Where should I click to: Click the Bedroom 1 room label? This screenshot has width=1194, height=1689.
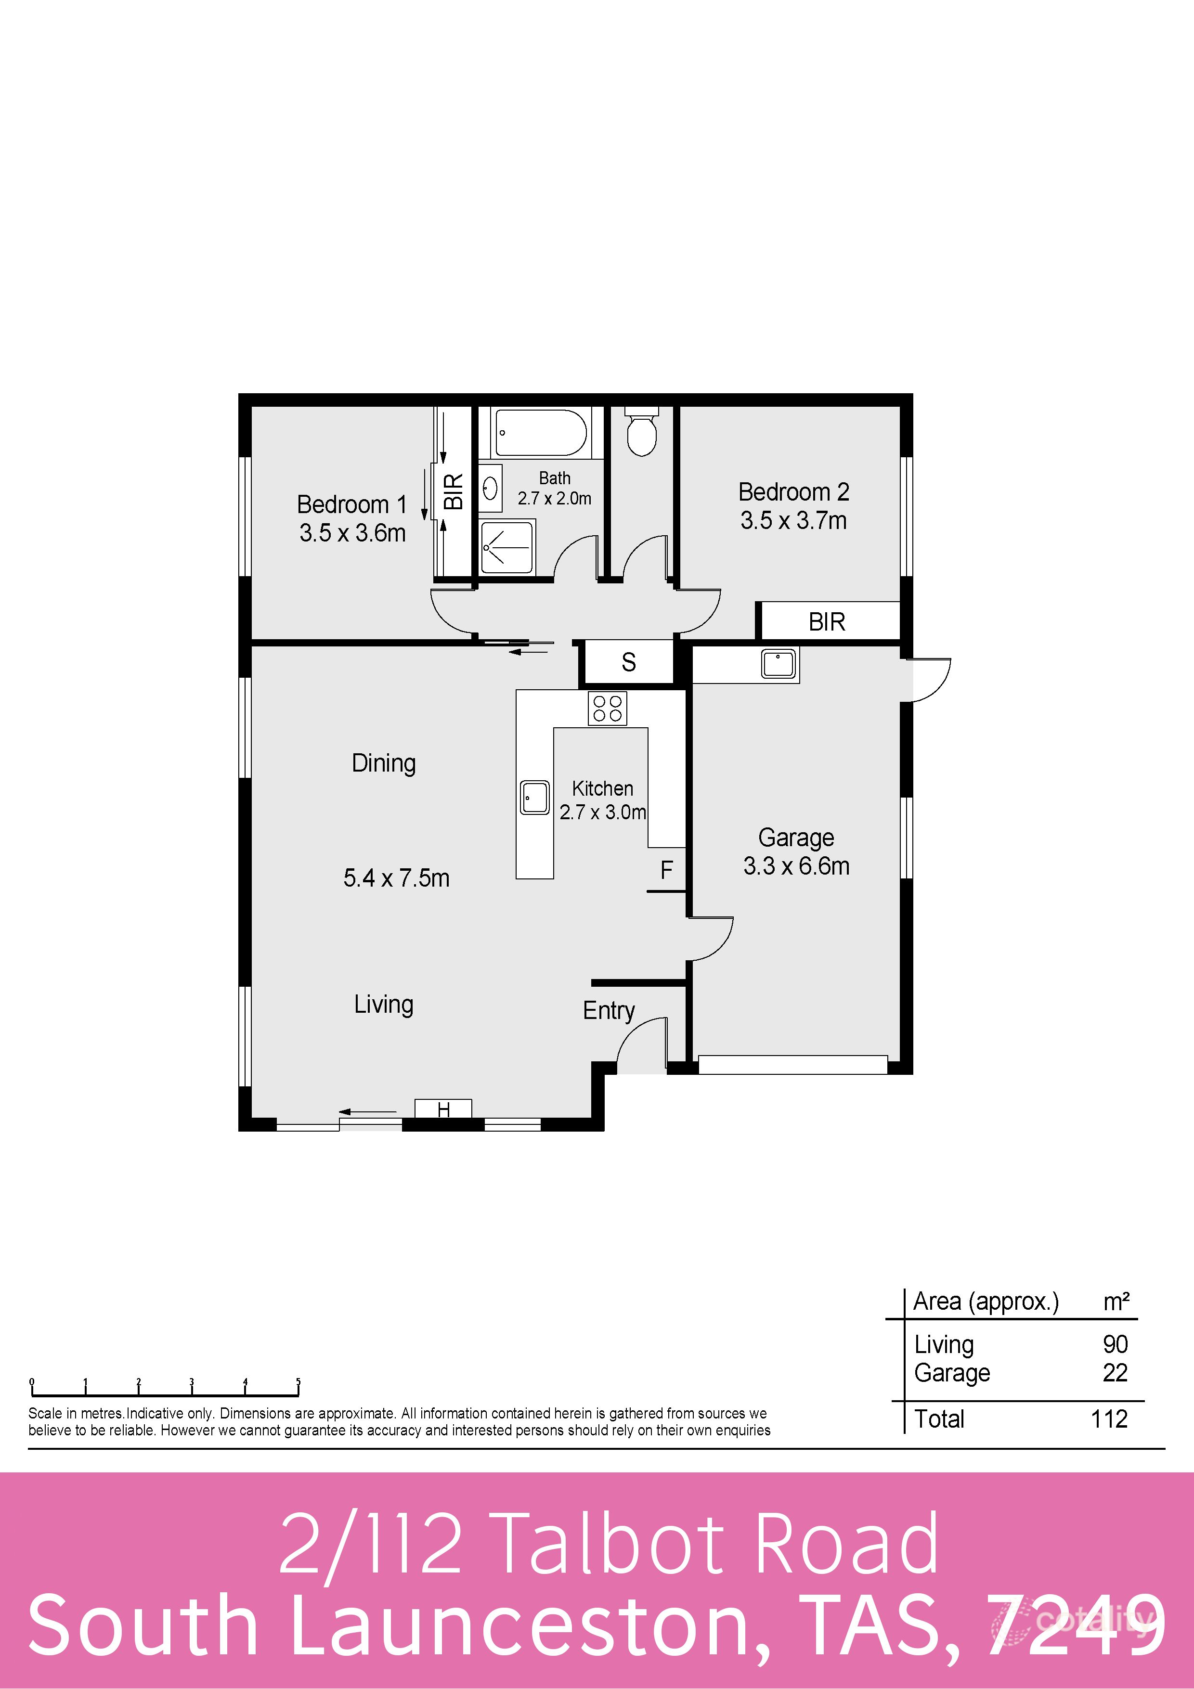[x=351, y=504]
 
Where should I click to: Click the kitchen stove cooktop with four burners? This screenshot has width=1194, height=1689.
[x=608, y=709]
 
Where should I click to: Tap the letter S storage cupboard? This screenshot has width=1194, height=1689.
[x=628, y=662]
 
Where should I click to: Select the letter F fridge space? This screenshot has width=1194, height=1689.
[x=666, y=870]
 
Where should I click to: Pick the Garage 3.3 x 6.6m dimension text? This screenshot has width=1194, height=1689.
[x=796, y=866]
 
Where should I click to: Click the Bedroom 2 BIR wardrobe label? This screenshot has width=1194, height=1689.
[x=827, y=621]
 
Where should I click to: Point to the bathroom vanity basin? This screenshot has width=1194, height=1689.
[x=491, y=488]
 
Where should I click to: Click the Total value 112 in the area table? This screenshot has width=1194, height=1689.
[x=1109, y=1418]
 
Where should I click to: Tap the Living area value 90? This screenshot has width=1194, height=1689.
[x=1115, y=1344]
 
